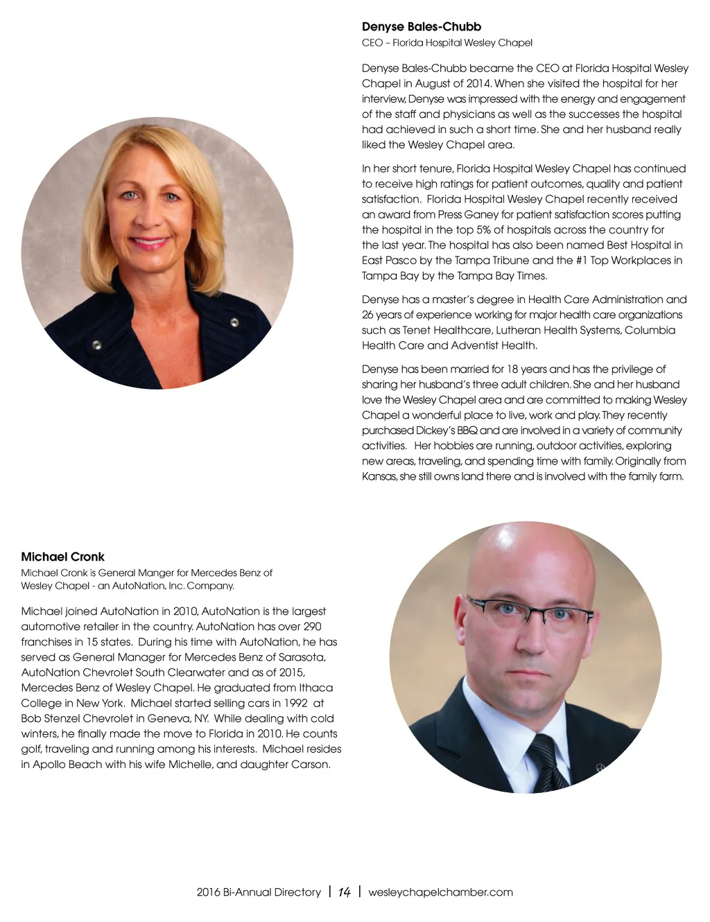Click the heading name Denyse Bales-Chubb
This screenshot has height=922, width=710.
click(x=421, y=27)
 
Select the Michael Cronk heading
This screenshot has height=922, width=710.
click(x=62, y=557)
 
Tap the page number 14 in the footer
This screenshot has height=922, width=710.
click(x=344, y=892)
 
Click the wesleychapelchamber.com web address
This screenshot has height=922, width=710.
click(x=440, y=892)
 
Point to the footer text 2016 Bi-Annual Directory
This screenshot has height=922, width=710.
click(x=258, y=892)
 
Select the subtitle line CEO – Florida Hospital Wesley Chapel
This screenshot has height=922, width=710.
click(x=447, y=43)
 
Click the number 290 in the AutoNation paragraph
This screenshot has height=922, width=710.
click(x=312, y=627)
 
